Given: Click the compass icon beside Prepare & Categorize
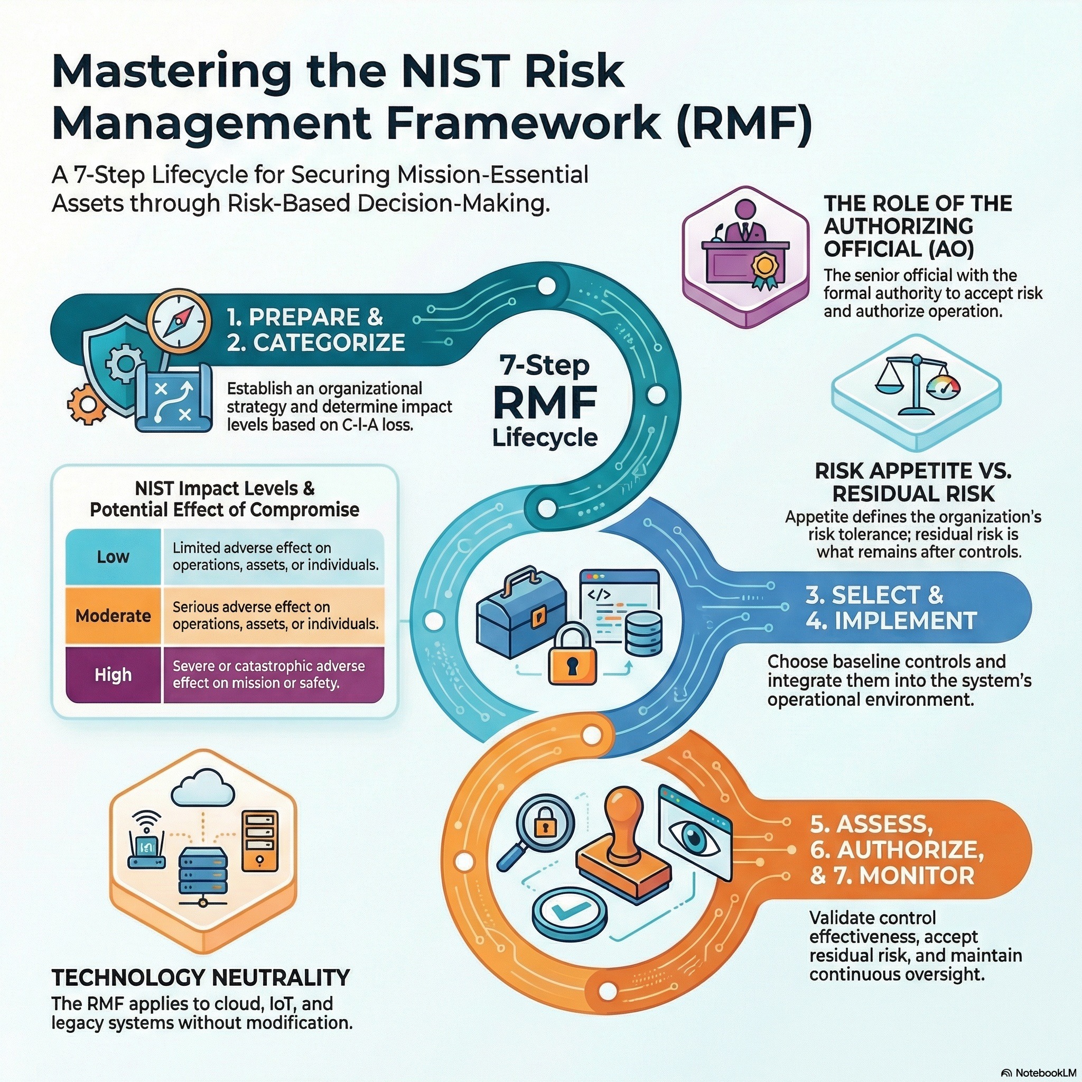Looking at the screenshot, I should point(180,320).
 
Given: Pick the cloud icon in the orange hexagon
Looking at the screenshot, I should point(203,786).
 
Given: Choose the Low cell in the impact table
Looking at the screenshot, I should point(113,557).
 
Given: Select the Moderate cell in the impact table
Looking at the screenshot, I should point(113,615).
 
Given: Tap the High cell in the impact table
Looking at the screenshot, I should point(113,674).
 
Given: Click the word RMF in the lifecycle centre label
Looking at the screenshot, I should point(544,403).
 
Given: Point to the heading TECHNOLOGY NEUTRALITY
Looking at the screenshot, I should point(200,977).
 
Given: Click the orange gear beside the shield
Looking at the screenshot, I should point(87,403).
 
